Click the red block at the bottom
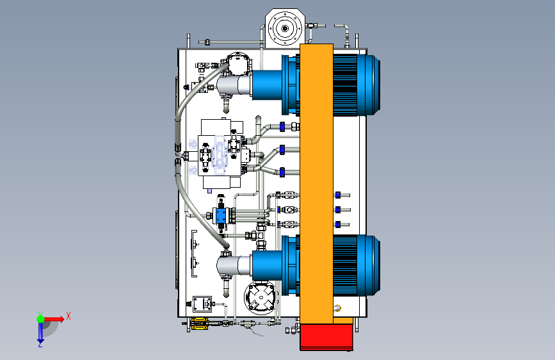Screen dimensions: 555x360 (326, 338)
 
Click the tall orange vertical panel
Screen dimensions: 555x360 (316, 184)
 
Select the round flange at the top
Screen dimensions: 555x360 (285, 28)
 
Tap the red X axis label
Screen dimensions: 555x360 (68, 316)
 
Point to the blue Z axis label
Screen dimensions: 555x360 (40, 344)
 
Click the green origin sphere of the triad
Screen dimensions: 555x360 (41, 319)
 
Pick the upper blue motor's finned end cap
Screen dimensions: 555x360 (357, 85)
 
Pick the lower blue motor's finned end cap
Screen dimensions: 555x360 (357, 265)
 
